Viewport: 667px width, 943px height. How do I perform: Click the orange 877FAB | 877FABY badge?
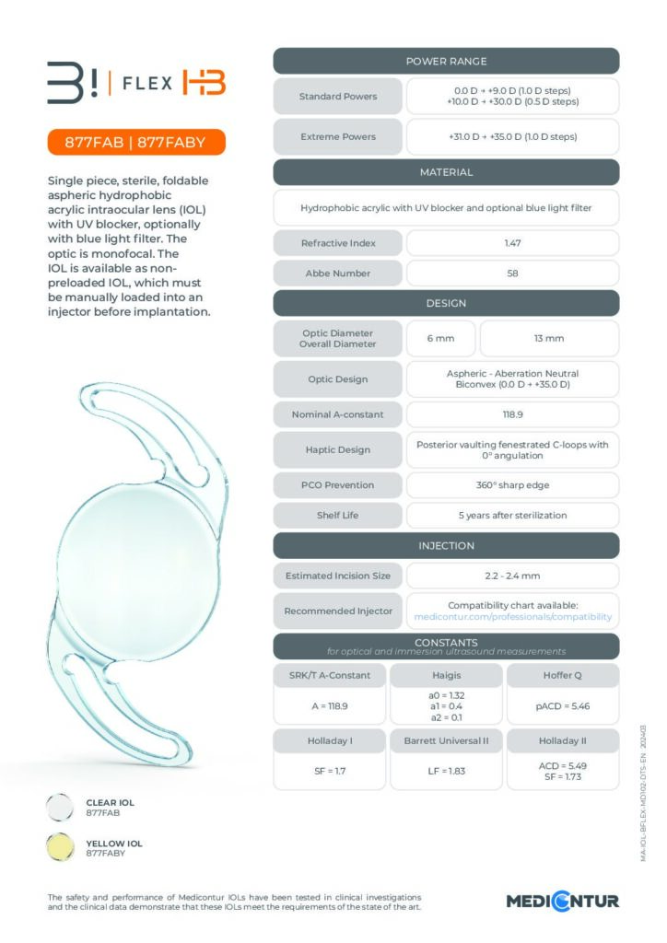pyautogui.click(x=135, y=143)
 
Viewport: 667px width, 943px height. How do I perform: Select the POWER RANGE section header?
pyautogui.click(x=446, y=62)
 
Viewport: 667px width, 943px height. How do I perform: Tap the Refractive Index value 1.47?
pyautogui.click(x=512, y=243)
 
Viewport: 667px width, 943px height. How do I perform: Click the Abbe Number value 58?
pyautogui.click(x=512, y=274)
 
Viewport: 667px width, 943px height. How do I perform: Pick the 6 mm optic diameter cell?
pyautogui.click(x=440, y=339)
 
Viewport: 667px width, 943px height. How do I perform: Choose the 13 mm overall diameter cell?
pyautogui.click(x=549, y=339)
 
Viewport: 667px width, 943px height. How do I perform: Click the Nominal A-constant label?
pyautogui.click(x=338, y=414)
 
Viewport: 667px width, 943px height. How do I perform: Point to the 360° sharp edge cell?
pyautogui.click(x=512, y=484)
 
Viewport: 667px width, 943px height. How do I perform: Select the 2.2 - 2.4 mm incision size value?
pyautogui.click(x=512, y=576)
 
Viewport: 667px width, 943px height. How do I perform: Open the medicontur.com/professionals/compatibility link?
pyautogui.click(x=512, y=616)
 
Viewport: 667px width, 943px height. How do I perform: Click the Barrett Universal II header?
pyautogui.click(x=446, y=740)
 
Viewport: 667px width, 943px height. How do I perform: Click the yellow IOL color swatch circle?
pyautogui.click(x=61, y=848)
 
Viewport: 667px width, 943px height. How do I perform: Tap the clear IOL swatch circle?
pyautogui.click(x=61, y=808)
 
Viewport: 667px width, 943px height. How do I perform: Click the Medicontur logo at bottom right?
pyautogui.click(x=563, y=900)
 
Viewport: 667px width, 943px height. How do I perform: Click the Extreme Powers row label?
pyautogui.click(x=338, y=136)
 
